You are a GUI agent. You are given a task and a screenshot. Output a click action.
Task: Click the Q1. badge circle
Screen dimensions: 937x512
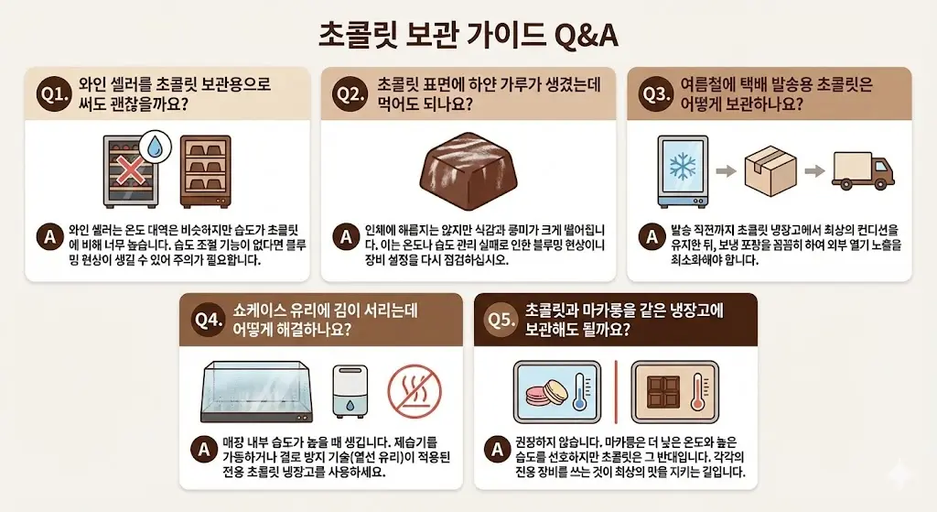click(54, 94)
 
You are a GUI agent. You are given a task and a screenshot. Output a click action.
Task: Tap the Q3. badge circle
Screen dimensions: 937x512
click(655, 94)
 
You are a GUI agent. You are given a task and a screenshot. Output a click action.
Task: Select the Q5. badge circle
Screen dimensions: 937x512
click(501, 320)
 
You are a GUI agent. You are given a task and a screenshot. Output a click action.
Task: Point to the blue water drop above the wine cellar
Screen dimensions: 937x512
click(155, 147)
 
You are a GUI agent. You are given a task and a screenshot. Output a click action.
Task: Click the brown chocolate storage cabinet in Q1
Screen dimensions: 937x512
click(206, 172)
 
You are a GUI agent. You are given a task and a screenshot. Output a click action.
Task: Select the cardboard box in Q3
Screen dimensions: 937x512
click(770, 171)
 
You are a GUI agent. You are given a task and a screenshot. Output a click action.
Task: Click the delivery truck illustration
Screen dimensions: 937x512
click(864, 169)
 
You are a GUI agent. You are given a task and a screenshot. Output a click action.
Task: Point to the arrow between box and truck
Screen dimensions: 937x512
click(813, 171)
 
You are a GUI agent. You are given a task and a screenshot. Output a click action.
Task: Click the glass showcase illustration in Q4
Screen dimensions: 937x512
click(257, 392)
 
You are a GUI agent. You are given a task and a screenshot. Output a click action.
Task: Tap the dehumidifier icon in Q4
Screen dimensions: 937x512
click(350, 391)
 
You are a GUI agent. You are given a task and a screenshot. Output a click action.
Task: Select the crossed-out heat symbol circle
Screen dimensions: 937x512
click(415, 392)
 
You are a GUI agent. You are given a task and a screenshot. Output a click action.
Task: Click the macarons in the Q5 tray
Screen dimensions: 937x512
click(547, 393)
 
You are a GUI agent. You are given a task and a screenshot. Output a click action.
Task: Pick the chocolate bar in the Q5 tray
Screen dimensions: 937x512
click(662, 392)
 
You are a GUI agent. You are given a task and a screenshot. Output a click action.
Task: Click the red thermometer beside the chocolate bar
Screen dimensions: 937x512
click(698, 391)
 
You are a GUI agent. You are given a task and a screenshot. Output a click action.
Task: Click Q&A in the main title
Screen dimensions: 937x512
click(586, 36)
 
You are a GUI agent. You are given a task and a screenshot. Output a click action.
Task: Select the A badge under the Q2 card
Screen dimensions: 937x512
click(346, 237)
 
